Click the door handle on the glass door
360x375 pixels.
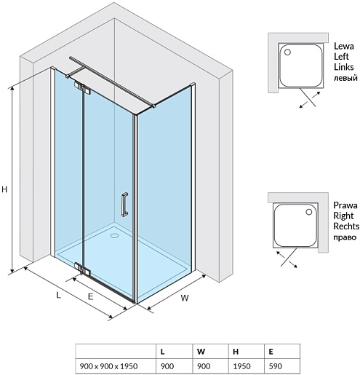(124, 205)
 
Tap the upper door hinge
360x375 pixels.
(82, 88)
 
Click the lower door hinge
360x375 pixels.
(82, 269)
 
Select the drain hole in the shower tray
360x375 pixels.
(114, 235)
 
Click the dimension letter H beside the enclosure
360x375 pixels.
(4, 189)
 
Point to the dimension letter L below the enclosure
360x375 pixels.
(58, 295)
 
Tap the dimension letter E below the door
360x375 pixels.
(90, 296)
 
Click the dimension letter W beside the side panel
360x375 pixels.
(185, 298)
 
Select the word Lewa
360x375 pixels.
(344, 46)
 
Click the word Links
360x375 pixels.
(344, 67)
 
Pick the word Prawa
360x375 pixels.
(345, 205)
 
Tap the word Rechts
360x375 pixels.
(346, 226)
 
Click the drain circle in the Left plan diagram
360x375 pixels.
(287, 52)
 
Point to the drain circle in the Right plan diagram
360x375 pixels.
(308, 212)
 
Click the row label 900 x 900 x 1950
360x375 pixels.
(108, 366)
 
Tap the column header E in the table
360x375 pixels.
(271, 351)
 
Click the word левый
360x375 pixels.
(345, 78)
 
